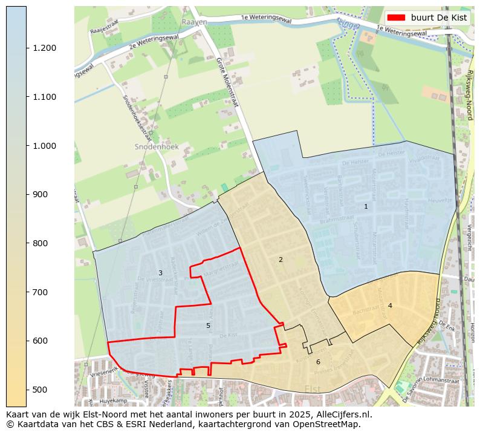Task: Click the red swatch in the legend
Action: [397, 18]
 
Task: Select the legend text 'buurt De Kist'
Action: [439, 18]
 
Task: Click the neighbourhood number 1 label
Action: [366, 206]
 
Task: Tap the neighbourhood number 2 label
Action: [281, 260]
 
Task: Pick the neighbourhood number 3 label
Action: [160, 273]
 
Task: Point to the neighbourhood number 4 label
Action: [390, 306]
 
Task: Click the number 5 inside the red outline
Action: [208, 325]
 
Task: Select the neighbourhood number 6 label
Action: [318, 362]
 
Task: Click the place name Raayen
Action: [194, 22]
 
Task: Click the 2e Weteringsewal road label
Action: [150, 44]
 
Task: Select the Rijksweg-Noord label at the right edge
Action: [469, 94]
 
